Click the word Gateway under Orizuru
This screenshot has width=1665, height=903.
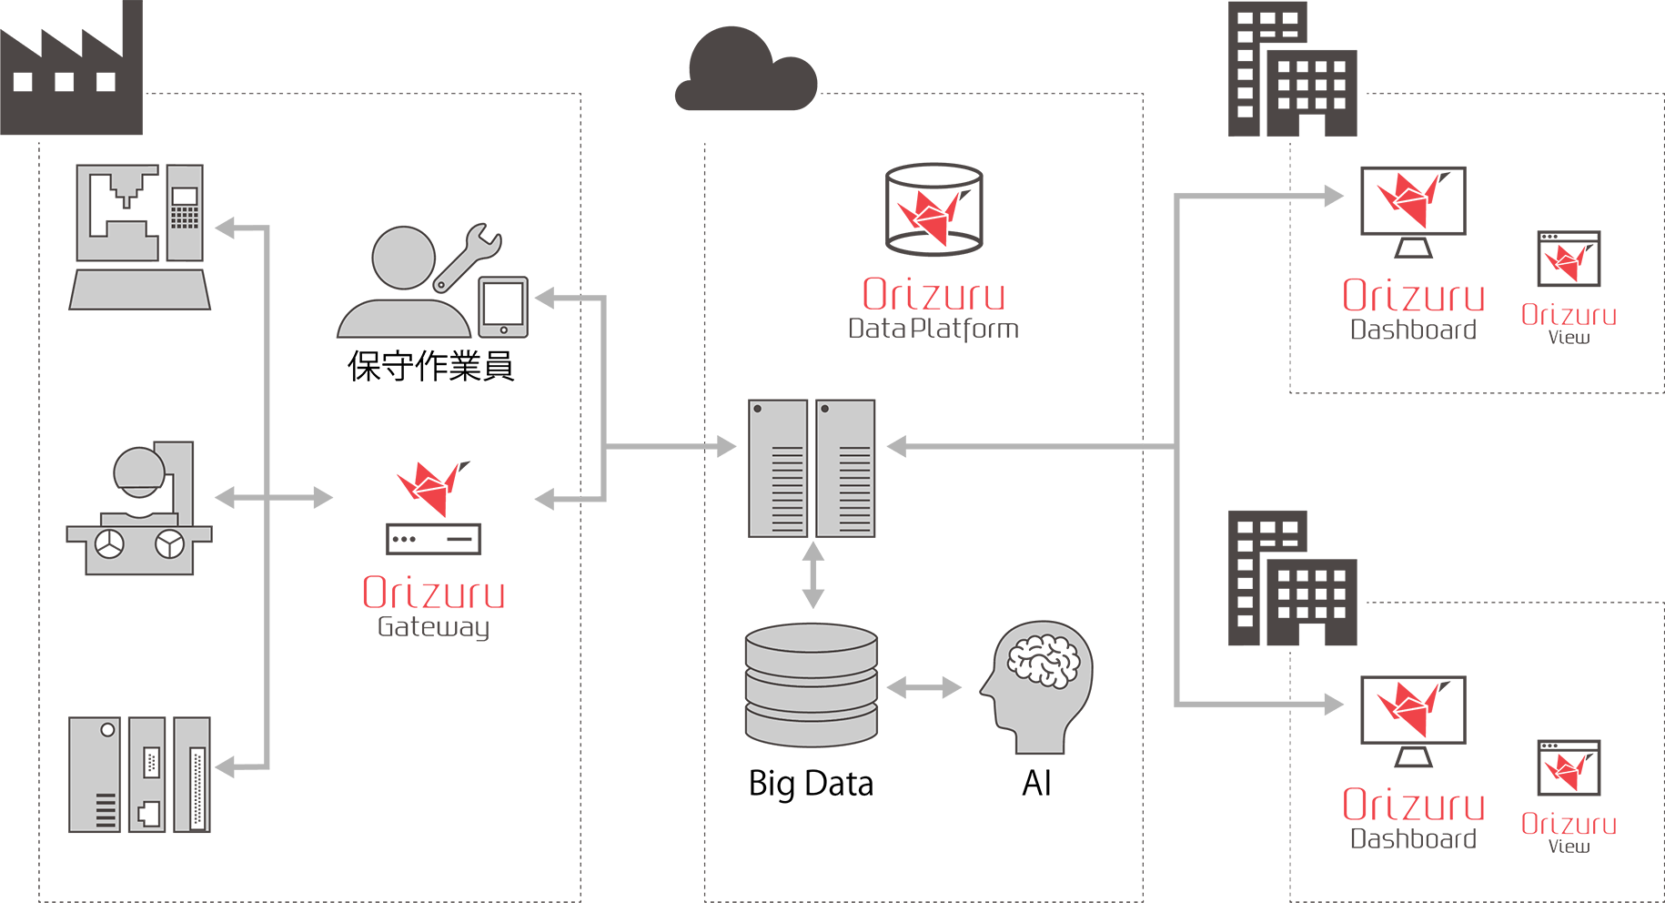pos(433,627)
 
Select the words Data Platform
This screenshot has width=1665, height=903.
pos(933,329)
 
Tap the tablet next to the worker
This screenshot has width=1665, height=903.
pos(503,307)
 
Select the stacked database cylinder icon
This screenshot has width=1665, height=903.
pos(811,685)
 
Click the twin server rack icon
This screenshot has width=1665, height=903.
pos(812,468)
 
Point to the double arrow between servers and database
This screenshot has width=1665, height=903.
pos(812,574)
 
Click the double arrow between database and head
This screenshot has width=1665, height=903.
pos(923,687)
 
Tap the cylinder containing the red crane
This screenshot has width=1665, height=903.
pos(933,209)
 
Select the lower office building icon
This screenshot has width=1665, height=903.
pos(1292,580)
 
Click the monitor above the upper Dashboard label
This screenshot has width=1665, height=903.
pos(1412,202)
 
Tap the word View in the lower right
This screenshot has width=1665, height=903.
pos(1569,846)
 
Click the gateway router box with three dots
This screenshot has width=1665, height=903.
pos(434,539)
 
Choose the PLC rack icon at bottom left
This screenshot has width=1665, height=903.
pos(139,775)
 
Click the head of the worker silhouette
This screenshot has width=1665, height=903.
pos(403,258)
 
